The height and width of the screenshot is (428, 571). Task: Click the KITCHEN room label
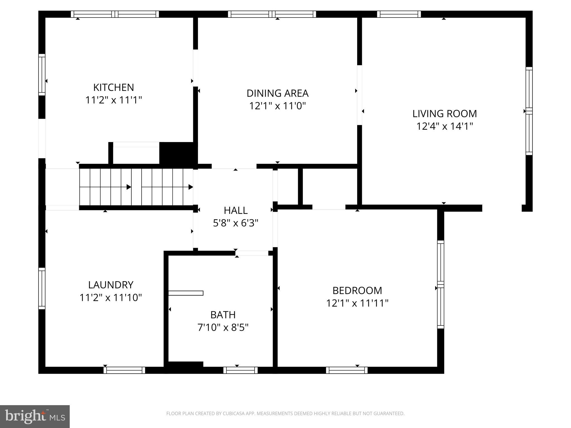(113, 87)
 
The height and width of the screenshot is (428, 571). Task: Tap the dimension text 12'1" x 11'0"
(277, 106)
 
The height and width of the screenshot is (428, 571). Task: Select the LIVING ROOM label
(444, 114)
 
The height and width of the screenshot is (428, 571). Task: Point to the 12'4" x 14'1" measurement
(444, 126)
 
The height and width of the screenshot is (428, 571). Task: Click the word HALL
(236, 210)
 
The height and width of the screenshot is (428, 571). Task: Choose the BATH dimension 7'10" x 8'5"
(223, 327)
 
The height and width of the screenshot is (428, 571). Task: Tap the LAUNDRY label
(111, 285)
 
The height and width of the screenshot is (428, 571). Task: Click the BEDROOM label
(357, 291)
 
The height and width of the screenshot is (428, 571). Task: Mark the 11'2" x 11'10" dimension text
(111, 298)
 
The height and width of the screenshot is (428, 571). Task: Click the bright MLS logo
(35, 416)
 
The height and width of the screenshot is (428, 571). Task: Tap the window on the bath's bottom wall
(240, 370)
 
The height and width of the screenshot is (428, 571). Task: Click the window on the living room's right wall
(529, 111)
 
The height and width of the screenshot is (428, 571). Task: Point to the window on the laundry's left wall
(42, 288)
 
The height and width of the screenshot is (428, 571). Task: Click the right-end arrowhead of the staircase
(191, 187)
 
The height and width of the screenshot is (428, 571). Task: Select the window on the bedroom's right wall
(440, 284)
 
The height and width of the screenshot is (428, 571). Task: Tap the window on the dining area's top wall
(272, 14)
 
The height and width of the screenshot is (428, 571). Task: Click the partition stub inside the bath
(186, 293)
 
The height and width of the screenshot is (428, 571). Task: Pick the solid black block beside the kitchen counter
(178, 153)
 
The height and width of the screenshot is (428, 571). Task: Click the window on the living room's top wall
(399, 14)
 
